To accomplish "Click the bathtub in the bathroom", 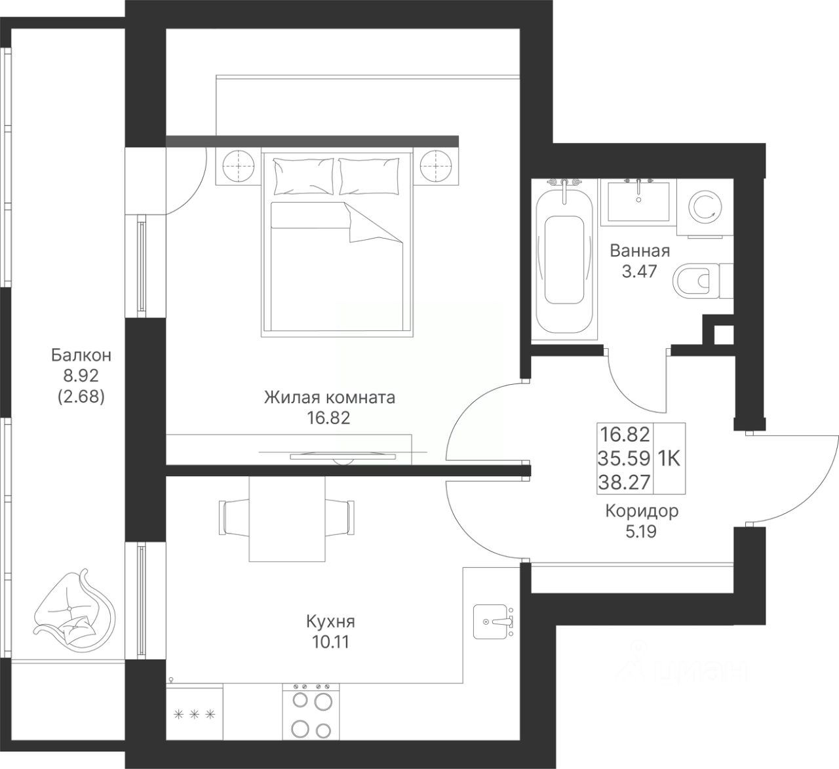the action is point(564,262).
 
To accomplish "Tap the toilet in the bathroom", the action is point(703,281).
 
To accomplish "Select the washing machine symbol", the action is point(705,207).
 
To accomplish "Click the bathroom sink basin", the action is point(638,201).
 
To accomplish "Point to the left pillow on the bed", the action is point(303,176).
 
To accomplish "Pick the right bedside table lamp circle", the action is point(436,166).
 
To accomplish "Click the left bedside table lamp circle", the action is point(239,166).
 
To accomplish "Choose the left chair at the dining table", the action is point(234,517).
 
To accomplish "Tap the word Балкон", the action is point(81,355).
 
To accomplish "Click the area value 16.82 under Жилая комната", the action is point(329,418).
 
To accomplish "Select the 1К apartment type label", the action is point(669,459).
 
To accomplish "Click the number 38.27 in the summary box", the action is point(624,483).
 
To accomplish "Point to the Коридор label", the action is point(642,511).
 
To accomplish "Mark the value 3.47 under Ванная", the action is point(640,271).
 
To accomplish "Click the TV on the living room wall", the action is point(343,456).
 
